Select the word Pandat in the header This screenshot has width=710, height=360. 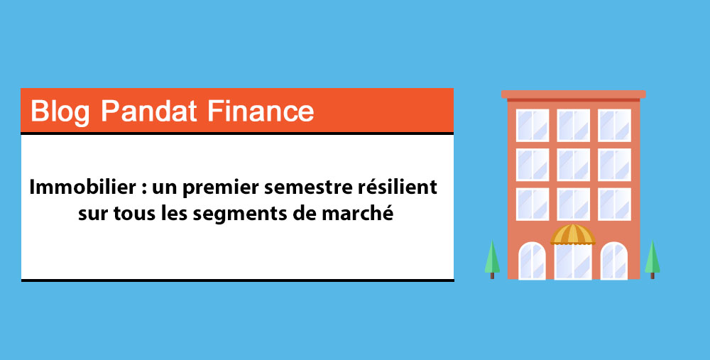[148, 111]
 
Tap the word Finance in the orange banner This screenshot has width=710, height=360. [261, 111]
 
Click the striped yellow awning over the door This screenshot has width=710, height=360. [573, 234]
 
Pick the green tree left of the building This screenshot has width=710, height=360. [492, 259]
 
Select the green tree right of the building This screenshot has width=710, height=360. [652, 259]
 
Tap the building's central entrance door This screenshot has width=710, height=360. [573, 261]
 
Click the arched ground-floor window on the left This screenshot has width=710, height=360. [532, 261]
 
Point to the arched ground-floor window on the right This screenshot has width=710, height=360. [614, 261]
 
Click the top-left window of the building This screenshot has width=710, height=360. [532, 126]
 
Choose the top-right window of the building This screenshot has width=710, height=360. [614, 126]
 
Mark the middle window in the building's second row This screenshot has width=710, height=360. [573, 165]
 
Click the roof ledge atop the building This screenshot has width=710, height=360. [573, 94]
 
